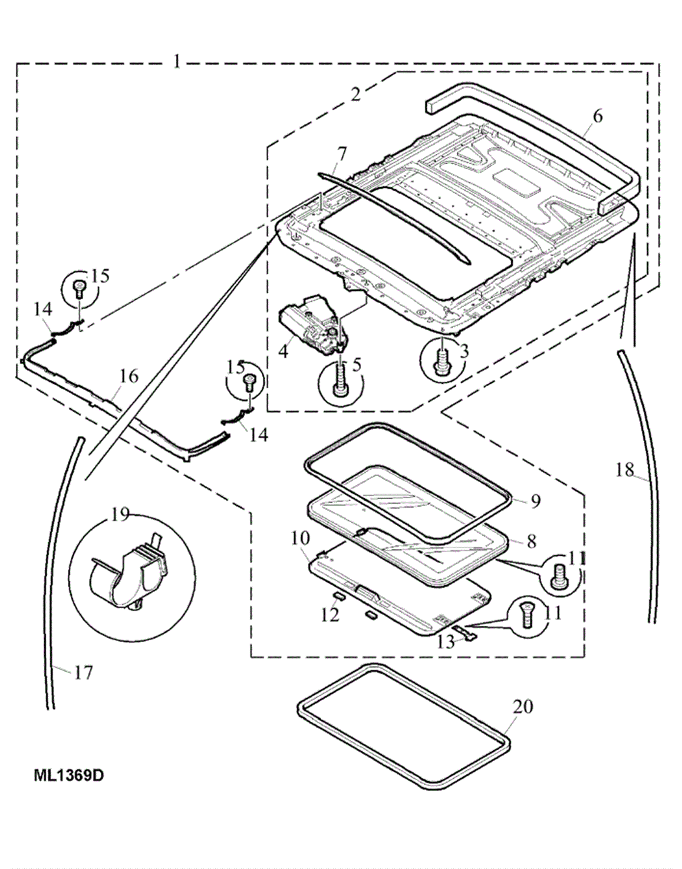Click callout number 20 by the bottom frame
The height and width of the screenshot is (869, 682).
(523, 706)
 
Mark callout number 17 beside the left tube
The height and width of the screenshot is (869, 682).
(84, 673)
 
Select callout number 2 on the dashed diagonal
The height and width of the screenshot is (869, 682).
(356, 94)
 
